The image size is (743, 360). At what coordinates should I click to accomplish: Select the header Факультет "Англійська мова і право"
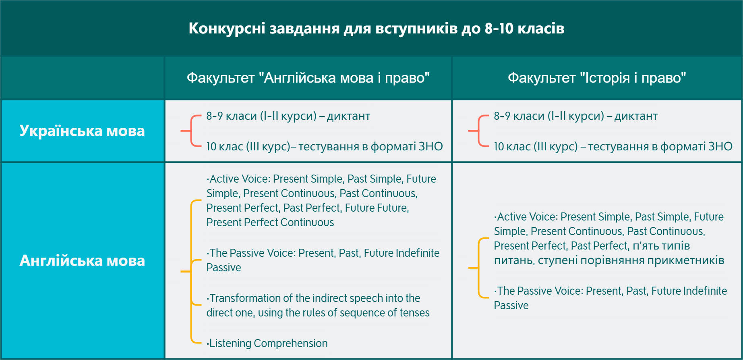308,77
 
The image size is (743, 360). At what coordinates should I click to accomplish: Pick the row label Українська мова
82,131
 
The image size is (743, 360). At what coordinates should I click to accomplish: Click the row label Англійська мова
82,260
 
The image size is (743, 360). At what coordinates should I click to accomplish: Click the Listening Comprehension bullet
267,343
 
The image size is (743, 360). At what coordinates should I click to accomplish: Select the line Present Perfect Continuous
270,223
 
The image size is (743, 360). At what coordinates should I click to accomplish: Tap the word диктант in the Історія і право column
636,116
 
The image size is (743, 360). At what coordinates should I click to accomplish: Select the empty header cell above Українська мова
83,78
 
